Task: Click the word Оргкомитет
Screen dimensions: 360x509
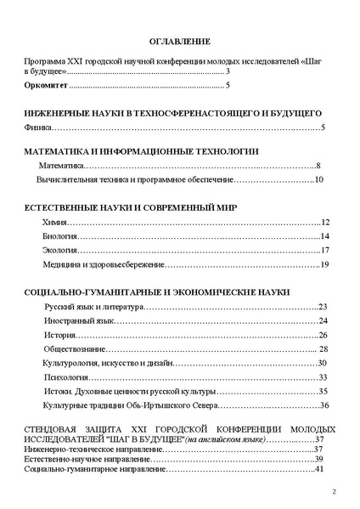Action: point(44,86)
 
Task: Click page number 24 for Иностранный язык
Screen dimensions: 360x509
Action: point(323,320)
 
